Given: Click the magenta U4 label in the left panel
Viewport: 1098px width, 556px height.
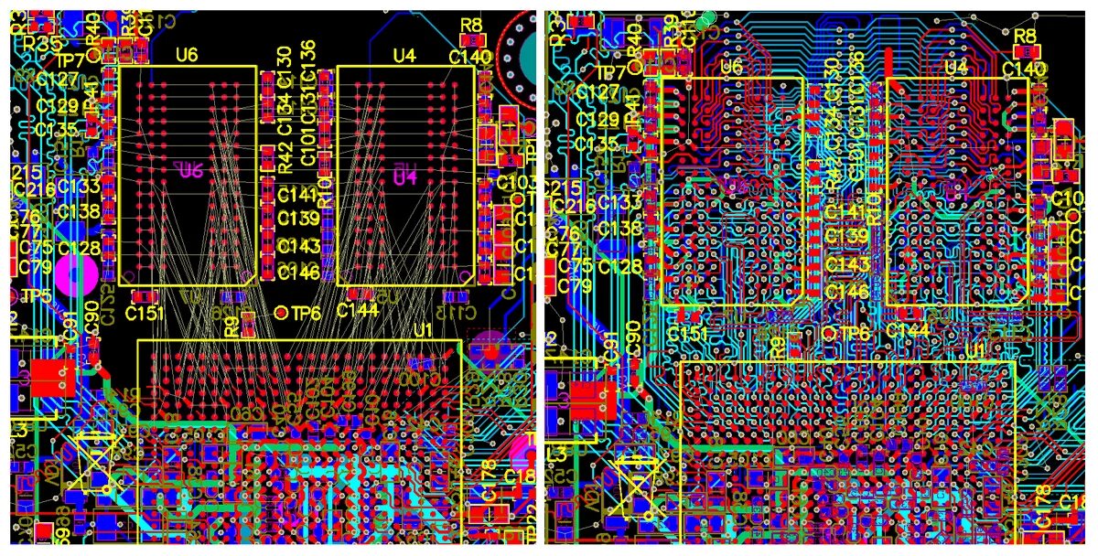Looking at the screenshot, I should (x=404, y=176).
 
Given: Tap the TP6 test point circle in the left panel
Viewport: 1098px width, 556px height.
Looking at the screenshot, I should (x=282, y=313).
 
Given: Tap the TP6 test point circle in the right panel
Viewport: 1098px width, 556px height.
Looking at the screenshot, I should (x=830, y=333).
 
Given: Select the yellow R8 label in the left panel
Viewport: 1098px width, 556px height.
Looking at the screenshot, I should (x=472, y=26).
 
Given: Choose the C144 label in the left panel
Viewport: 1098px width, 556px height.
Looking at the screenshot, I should (x=357, y=310).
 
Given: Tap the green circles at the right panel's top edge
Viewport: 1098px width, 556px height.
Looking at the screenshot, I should (x=705, y=19).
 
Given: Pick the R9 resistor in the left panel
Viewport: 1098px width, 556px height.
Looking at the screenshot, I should (x=232, y=323).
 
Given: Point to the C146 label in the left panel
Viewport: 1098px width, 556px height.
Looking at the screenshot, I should (x=298, y=273).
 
